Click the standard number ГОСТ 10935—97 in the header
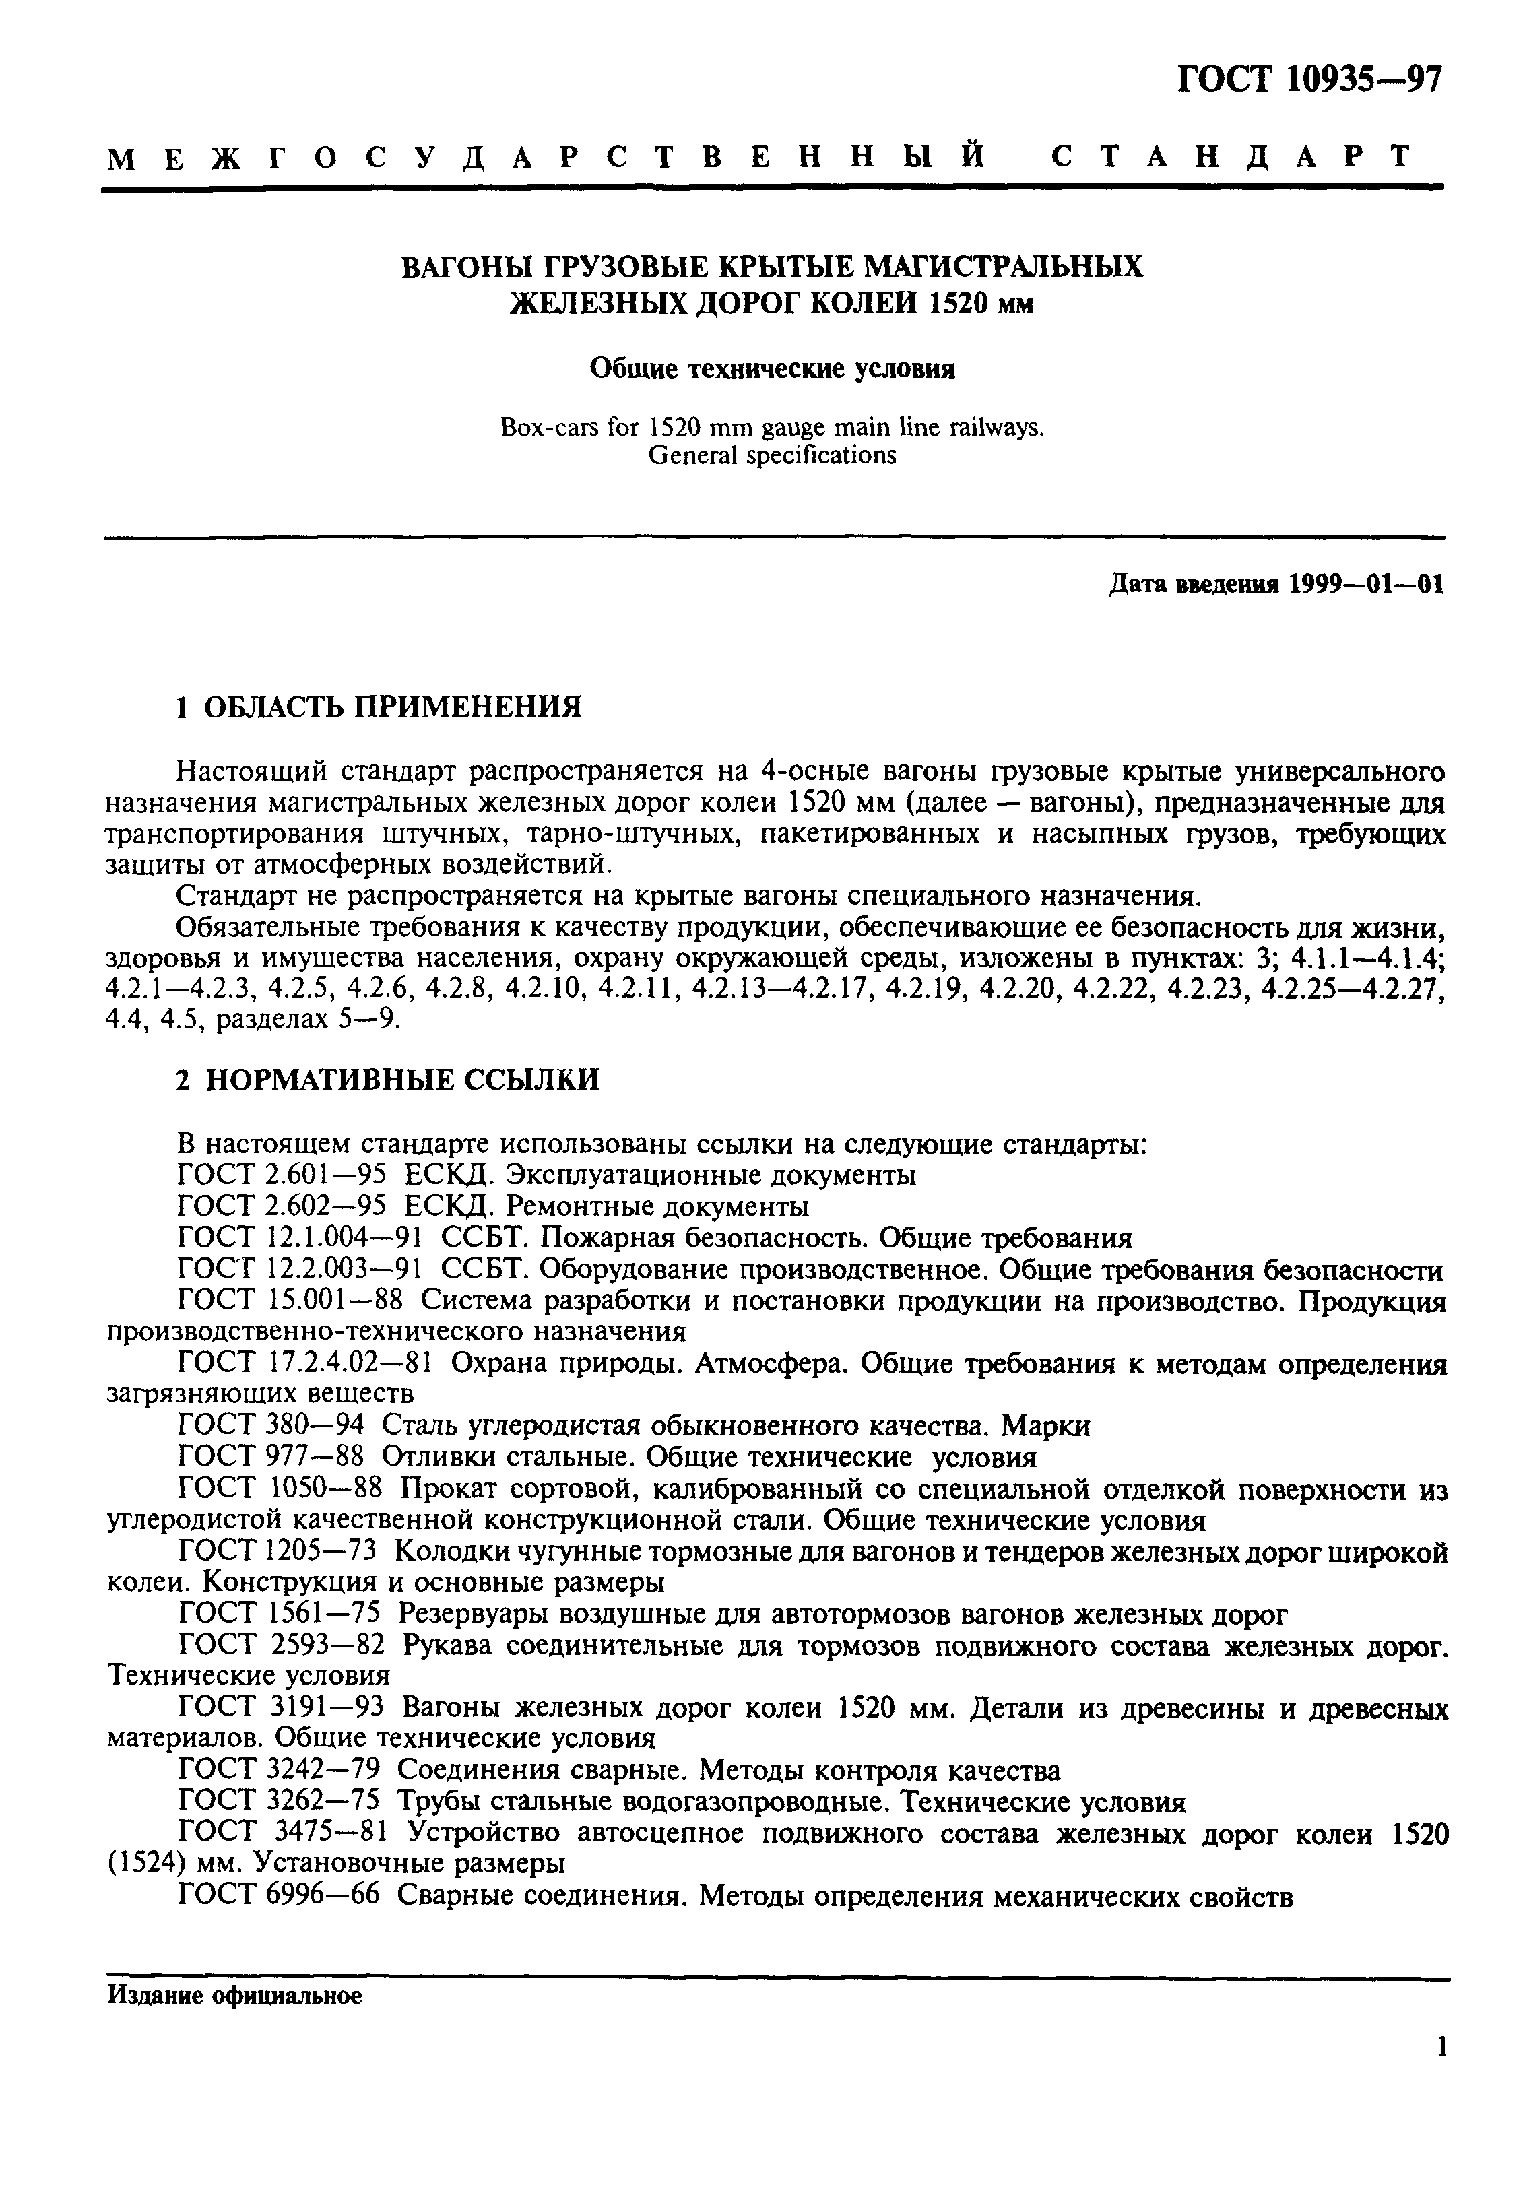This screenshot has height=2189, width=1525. click(x=1309, y=78)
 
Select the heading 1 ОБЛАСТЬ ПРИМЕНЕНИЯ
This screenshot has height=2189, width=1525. click(x=379, y=707)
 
